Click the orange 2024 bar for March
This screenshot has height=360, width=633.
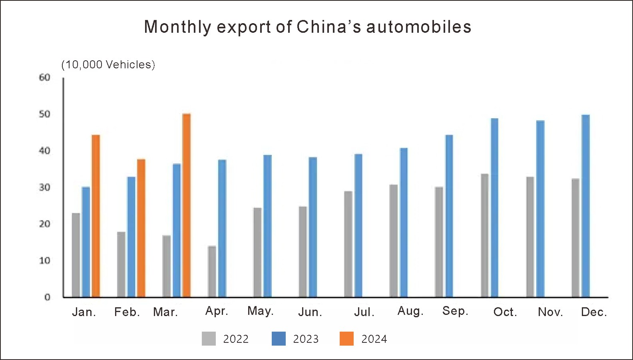point(186,205)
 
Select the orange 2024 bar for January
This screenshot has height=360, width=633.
point(96,216)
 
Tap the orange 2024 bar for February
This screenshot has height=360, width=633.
point(141,228)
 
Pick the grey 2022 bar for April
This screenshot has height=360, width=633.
point(212,271)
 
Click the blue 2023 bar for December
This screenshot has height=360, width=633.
point(585,206)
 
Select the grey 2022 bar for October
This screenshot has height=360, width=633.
point(484,235)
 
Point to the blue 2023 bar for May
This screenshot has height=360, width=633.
point(267,226)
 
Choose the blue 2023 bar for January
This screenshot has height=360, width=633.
point(86,242)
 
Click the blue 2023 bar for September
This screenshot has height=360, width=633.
point(449,216)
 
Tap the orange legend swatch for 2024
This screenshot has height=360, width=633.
point(346,339)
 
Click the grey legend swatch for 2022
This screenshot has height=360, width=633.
point(209,339)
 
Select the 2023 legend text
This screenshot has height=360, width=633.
point(306,339)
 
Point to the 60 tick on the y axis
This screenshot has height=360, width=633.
point(45,78)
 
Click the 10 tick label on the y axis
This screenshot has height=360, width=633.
point(45,261)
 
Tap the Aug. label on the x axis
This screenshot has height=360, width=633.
point(410,311)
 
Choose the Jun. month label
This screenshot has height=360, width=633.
point(310,312)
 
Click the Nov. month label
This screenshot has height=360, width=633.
point(550,312)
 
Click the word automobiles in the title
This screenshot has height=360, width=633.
point(418,27)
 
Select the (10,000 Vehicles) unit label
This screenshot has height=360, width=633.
point(108,64)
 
